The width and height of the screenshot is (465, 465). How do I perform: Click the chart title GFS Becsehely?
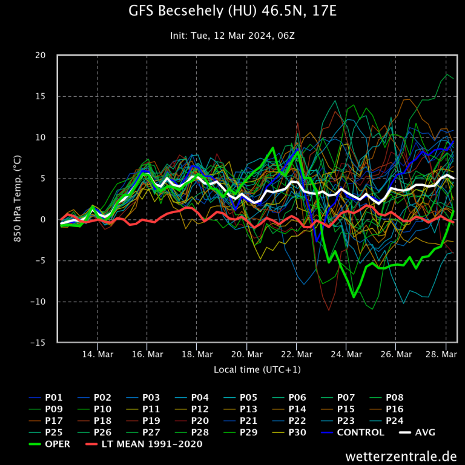[x=232, y=12]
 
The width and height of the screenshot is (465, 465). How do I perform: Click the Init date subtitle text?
[x=232, y=36]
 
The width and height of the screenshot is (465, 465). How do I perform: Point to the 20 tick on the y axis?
[x=41, y=55]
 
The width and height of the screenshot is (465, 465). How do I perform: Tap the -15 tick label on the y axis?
[x=38, y=343]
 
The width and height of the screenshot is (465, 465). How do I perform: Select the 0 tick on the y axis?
[x=43, y=220]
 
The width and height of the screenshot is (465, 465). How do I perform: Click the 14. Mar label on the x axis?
[x=97, y=354]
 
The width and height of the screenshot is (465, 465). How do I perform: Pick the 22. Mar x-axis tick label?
[x=296, y=354]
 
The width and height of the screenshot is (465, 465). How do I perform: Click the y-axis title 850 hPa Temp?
[x=18, y=199]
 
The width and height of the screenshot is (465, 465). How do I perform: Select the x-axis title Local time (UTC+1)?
[x=257, y=369]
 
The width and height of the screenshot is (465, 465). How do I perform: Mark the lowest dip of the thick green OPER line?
[x=354, y=297]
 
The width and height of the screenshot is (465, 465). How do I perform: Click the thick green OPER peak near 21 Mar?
[x=273, y=148]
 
